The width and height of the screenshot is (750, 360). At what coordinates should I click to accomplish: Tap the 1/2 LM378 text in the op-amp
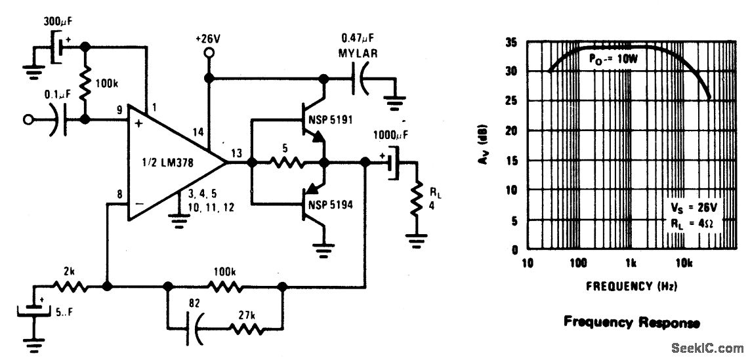(x=167, y=163)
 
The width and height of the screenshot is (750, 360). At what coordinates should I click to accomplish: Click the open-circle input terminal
(x=28, y=120)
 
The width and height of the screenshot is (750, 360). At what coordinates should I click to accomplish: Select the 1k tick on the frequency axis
(x=631, y=264)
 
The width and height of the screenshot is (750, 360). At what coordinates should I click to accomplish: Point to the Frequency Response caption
(x=631, y=322)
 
